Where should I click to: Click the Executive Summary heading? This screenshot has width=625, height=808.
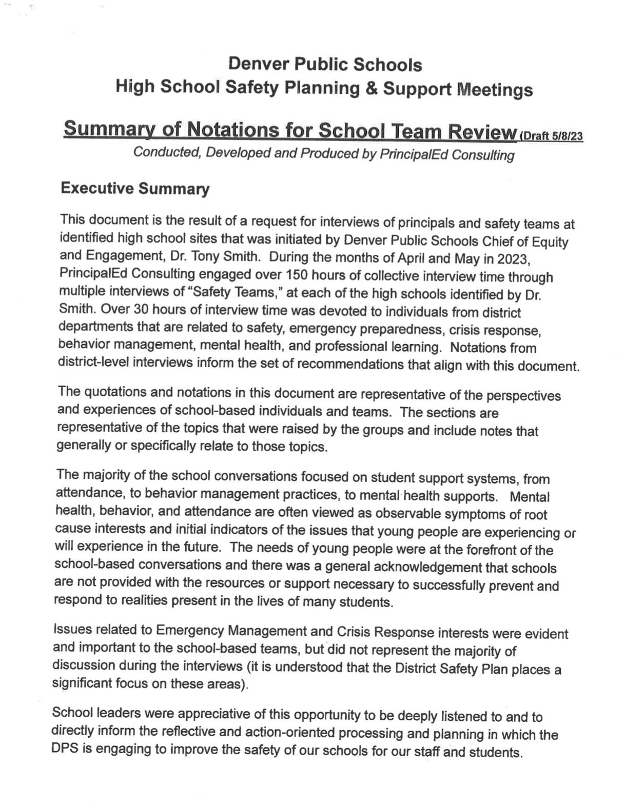[x=135, y=189]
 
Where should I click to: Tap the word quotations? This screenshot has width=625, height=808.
[x=114, y=392]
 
